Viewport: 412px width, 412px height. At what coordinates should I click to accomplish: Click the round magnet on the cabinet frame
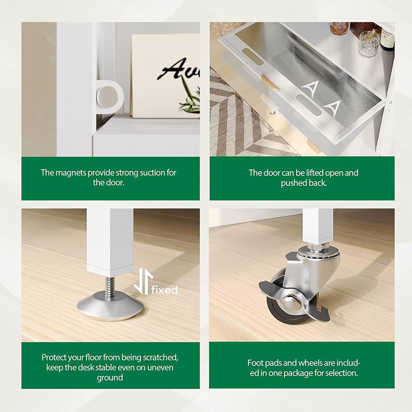107,96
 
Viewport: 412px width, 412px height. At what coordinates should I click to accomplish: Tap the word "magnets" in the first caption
71,173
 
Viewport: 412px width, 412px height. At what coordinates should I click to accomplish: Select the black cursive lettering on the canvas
180,69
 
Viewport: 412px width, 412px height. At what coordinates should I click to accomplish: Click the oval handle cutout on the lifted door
252,57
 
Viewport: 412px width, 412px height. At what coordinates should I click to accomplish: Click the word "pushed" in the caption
291,183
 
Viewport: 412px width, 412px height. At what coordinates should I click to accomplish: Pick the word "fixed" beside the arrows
164,290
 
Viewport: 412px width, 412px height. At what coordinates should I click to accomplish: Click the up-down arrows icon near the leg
144,282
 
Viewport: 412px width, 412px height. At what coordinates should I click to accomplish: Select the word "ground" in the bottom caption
110,378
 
